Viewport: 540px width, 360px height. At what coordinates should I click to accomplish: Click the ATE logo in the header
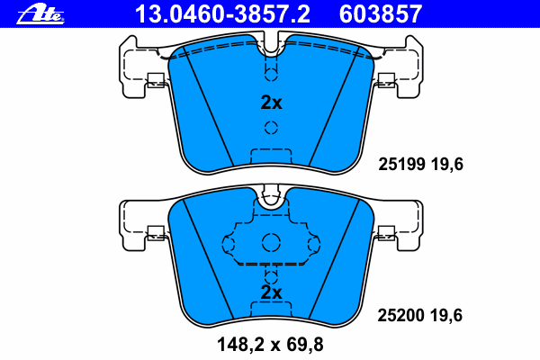[40, 14]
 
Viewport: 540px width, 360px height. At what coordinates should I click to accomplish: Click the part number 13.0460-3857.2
[222, 14]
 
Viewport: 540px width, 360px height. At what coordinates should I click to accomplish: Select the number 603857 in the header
[380, 14]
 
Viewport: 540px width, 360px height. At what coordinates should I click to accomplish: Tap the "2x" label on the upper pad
[271, 103]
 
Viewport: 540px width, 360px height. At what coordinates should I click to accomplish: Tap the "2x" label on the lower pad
[271, 292]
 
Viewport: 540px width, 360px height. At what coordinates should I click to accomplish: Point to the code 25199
[401, 164]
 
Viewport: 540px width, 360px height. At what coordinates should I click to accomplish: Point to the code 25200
[400, 315]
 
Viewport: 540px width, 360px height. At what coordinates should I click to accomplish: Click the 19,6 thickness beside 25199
[447, 164]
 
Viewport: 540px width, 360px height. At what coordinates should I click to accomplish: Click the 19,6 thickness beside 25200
[446, 315]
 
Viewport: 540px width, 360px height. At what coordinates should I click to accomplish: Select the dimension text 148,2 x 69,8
[270, 344]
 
